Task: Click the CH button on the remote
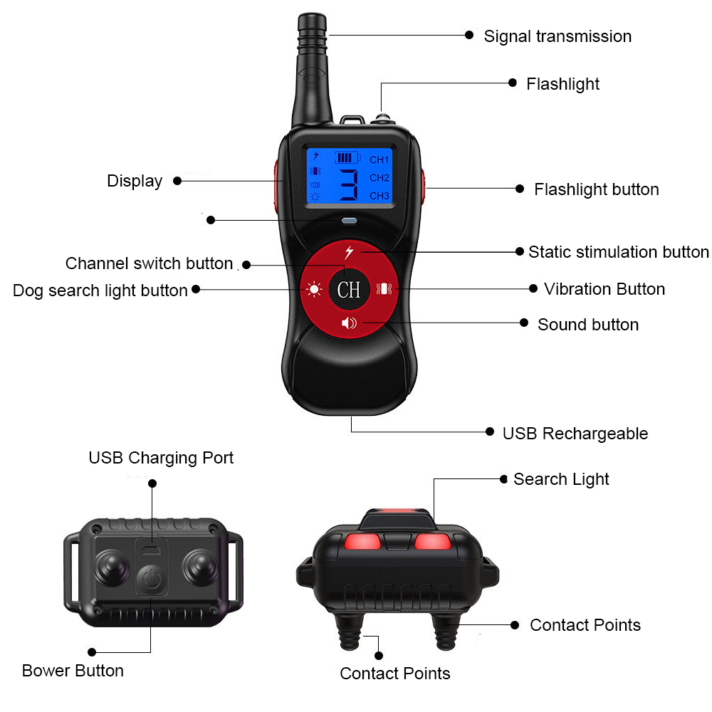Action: point(349,289)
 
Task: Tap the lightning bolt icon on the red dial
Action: point(349,252)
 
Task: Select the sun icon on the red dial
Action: point(314,289)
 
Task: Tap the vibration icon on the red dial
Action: point(384,289)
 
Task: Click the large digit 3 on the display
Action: point(349,185)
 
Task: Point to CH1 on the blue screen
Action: point(379,159)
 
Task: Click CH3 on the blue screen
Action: point(379,196)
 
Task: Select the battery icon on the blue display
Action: point(347,157)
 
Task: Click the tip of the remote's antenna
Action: point(312,16)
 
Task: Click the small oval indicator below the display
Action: point(349,221)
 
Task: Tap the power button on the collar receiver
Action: point(152,580)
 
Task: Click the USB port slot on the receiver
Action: point(151,550)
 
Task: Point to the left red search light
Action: point(362,542)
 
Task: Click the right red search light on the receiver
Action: point(433,542)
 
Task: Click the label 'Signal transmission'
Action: point(557,36)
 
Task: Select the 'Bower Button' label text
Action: point(73,671)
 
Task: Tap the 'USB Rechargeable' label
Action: point(575,434)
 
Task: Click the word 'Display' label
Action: point(135,181)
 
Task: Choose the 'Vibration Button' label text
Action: point(604,289)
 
